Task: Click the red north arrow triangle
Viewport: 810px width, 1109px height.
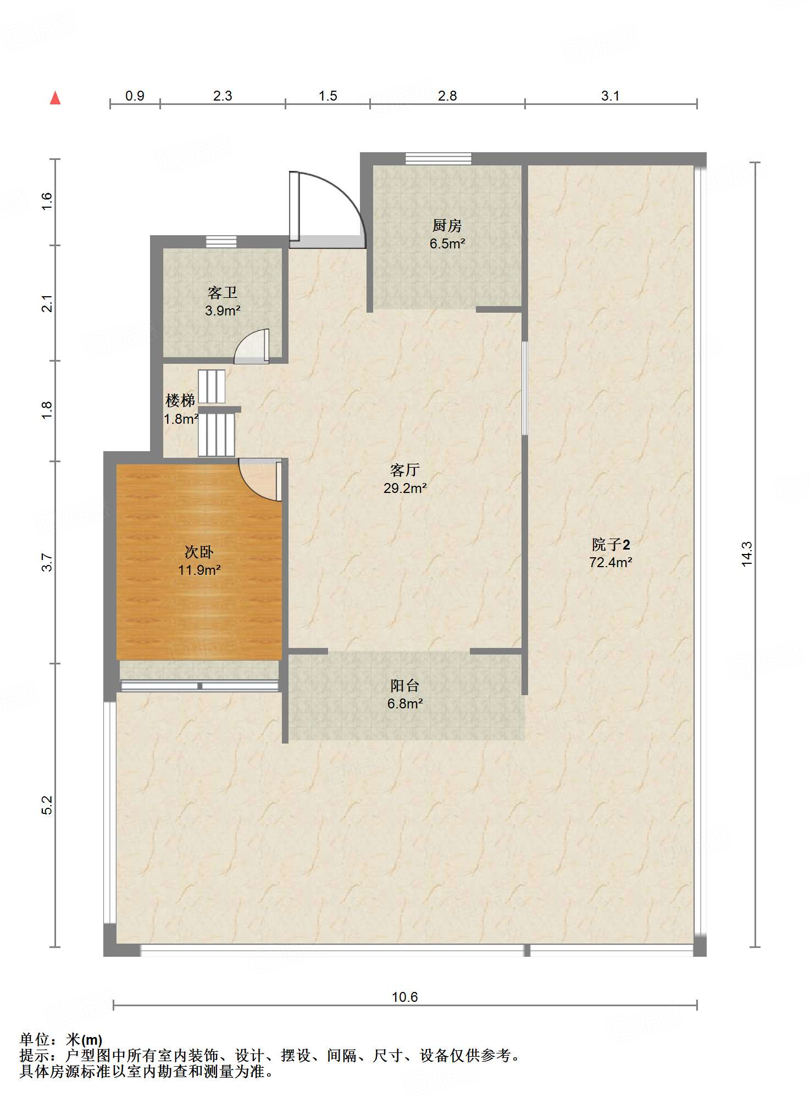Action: point(55,98)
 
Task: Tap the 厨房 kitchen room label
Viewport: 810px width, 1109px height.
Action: point(447,225)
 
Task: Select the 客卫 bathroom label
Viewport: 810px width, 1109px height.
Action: point(223,292)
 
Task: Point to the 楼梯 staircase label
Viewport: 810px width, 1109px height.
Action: point(180,400)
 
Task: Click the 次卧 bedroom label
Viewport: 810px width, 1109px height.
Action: point(199,552)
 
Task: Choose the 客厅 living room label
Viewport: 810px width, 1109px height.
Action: point(405,470)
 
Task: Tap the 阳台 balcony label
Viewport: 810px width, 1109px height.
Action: point(405,685)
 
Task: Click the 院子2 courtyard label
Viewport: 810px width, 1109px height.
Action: point(611,545)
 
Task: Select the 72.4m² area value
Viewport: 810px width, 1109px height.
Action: point(611,562)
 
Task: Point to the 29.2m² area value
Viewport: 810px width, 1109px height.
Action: point(405,488)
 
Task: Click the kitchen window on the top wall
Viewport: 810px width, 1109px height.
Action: point(439,158)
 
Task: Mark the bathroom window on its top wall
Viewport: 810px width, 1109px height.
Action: point(221,241)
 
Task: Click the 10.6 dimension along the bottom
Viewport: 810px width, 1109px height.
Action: point(405,997)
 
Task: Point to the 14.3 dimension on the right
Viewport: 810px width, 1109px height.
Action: point(746,554)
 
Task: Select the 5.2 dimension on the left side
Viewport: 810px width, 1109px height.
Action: point(47,805)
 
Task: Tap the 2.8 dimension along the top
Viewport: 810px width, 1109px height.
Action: point(447,96)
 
